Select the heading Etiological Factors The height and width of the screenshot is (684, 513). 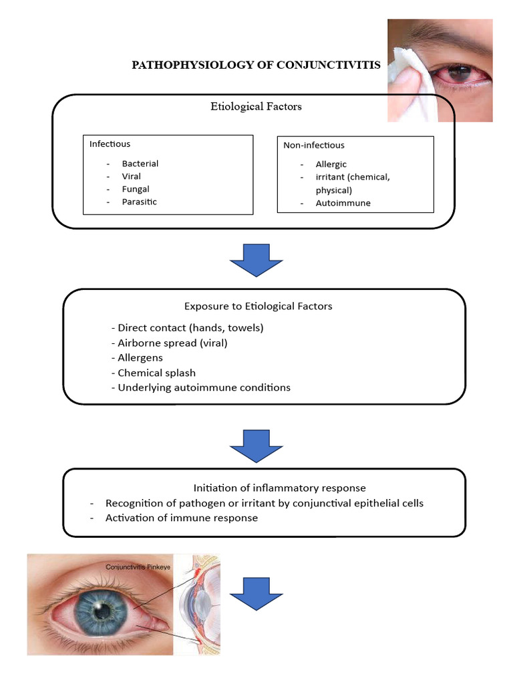pos(256,106)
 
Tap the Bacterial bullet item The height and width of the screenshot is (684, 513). pos(140,164)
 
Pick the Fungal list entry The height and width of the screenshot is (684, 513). pos(136,189)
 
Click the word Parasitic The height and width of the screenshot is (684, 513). pos(139,202)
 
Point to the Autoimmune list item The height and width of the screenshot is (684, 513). pos(343,203)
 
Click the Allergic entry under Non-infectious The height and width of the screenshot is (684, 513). pos(331,164)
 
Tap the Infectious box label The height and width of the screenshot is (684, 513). pos(110,144)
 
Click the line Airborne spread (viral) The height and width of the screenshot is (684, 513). pos(172,343)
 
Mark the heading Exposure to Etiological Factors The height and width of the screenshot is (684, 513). pos(258,307)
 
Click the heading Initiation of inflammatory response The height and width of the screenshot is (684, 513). pos(279,488)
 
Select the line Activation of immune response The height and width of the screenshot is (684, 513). pos(181,518)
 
